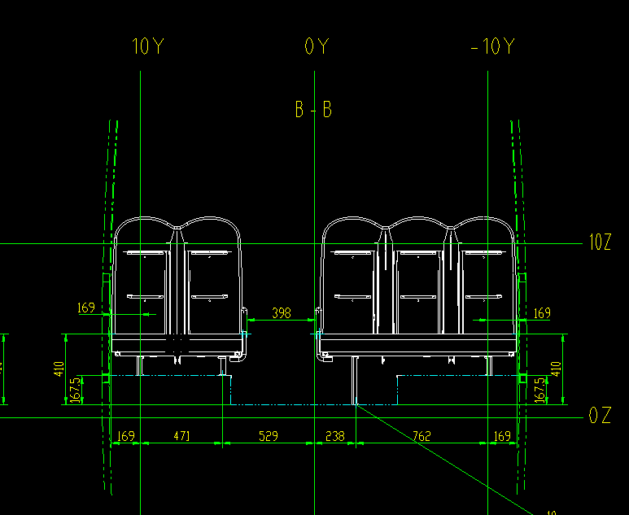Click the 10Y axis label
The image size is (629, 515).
click(147, 46)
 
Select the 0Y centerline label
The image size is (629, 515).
click(317, 46)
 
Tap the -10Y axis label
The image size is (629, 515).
click(492, 46)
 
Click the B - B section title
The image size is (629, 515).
click(313, 109)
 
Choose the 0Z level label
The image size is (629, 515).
click(599, 416)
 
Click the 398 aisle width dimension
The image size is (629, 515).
click(281, 312)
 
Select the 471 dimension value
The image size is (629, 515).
click(181, 436)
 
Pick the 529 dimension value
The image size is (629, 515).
click(268, 436)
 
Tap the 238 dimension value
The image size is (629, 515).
click(334, 436)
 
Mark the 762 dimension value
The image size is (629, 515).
click(422, 436)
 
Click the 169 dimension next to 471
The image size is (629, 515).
click(125, 436)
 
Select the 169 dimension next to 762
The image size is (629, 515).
click(503, 436)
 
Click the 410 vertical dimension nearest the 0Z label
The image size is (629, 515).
click(557, 369)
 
